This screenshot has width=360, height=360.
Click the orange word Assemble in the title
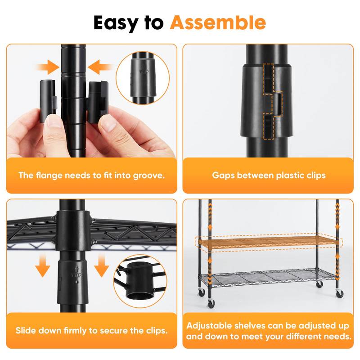click(x=217, y=22)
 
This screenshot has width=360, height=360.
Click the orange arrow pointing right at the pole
click(x=48, y=68)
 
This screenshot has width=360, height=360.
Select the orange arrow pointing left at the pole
click(x=100, y=68)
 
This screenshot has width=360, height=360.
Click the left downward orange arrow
click(x=43, y=265)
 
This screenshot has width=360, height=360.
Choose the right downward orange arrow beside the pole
click(x=101, y=265)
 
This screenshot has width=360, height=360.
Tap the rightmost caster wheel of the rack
click(x=339, y=293)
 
